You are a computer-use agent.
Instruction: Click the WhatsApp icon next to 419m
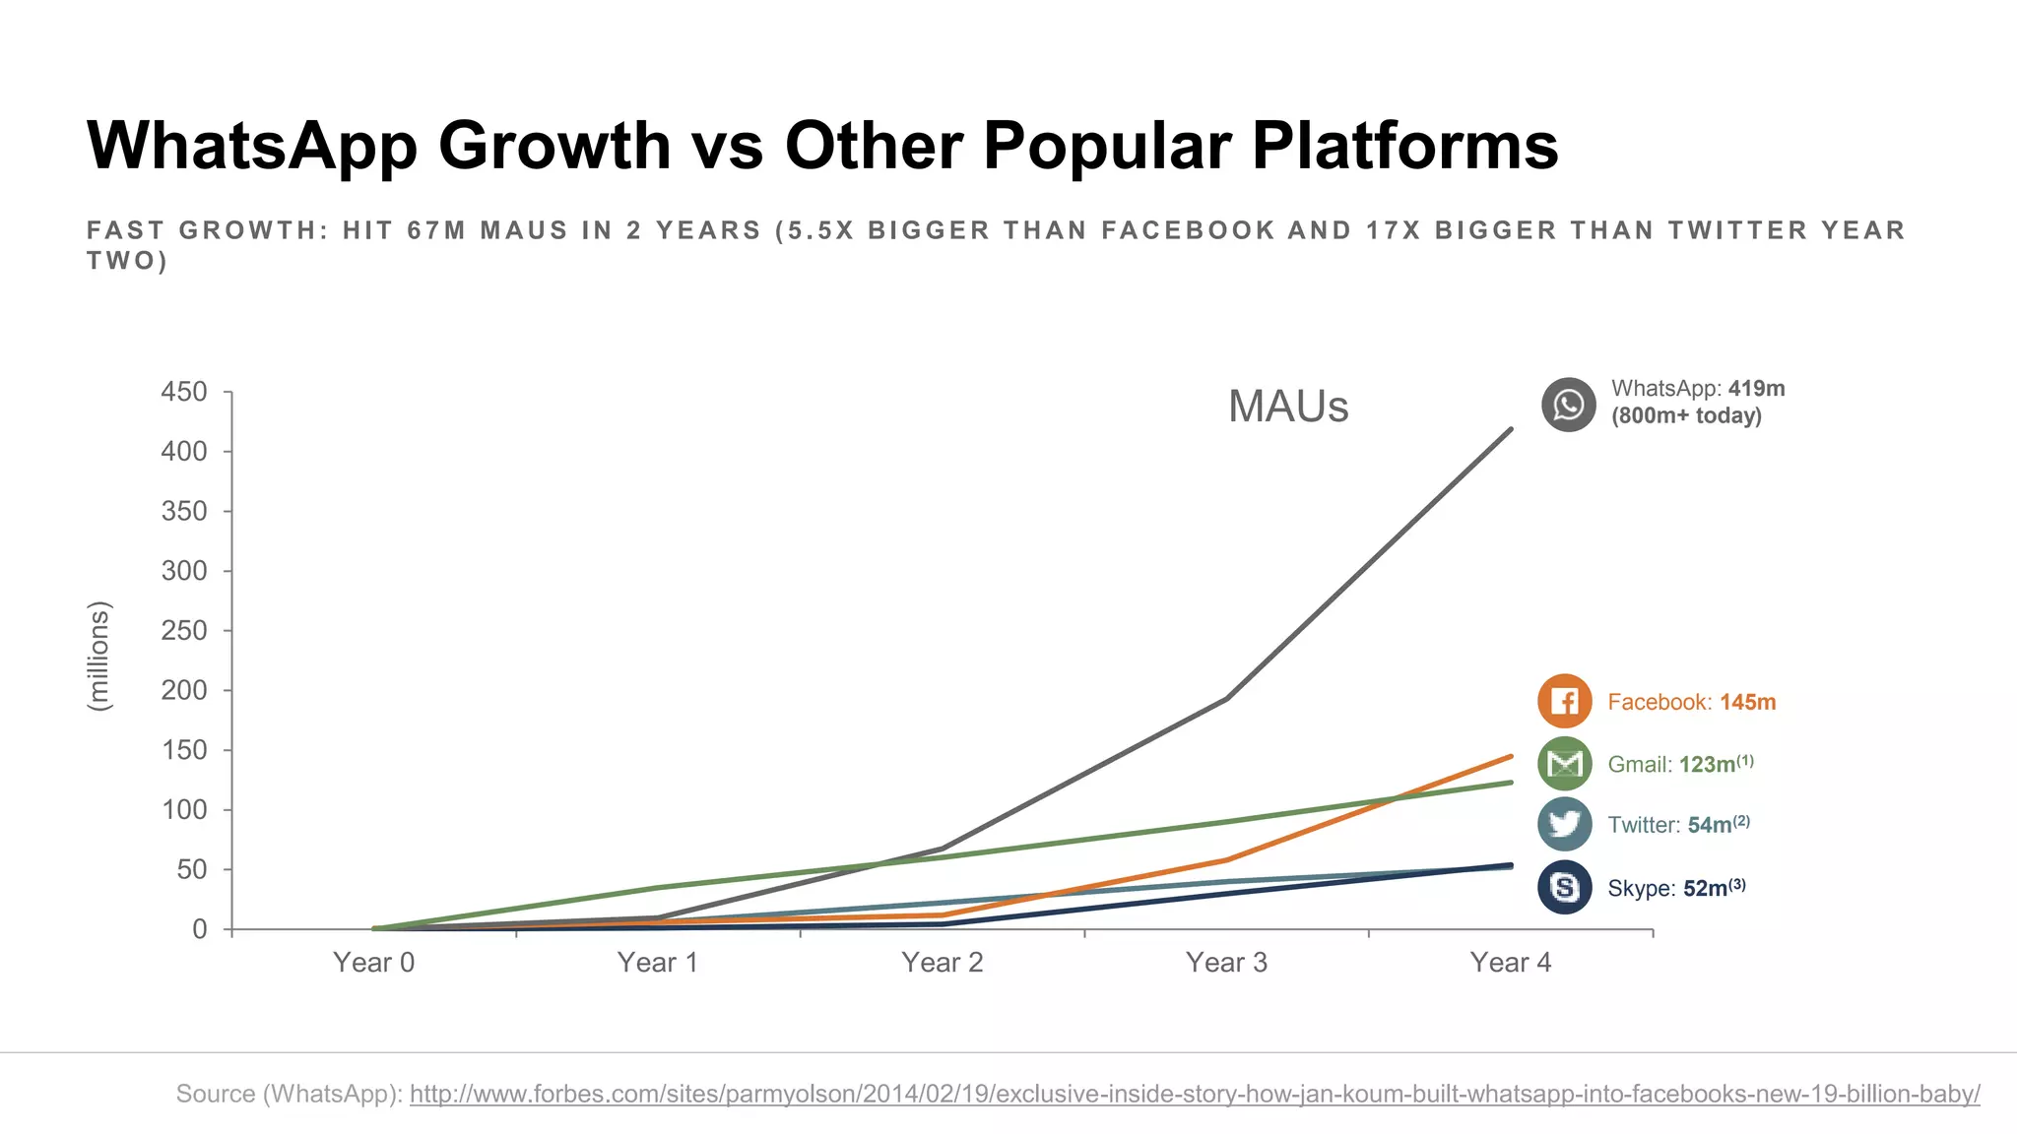click(x=1568, y=405)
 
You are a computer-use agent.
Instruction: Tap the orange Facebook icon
click(x=1564, y=701)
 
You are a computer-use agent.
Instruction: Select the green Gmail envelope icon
click(x=1564, y=764)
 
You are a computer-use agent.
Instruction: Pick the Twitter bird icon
click(x=1564, y=825)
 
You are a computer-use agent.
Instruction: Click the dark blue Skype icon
click(x=1564, y=887)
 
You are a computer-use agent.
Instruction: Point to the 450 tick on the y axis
click(x=184, y=392)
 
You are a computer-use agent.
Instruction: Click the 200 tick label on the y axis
click(x=184, y=690)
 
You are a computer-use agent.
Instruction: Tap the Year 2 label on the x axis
click(x=942, y=963)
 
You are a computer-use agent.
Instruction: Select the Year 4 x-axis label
click(x=1510, y=963)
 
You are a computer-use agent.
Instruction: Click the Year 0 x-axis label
click(x=373, y=963)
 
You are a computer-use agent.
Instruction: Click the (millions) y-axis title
click(x=98, y=656)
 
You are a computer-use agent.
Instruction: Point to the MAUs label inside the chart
click(x=1287, y=407)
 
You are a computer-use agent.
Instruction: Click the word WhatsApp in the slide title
click(x=252, y=146)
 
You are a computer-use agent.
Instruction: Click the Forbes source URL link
click(x=1194, y=1094)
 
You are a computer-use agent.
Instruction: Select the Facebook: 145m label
click(x=1691, y=702)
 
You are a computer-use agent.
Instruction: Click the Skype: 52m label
click(x=1675, y=888)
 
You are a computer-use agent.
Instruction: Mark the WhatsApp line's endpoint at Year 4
click(x=1511, y=429)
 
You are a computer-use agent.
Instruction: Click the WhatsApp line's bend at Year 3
click(x=1226, y=698)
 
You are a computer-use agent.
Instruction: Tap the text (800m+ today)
click(x=1686, y=415)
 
